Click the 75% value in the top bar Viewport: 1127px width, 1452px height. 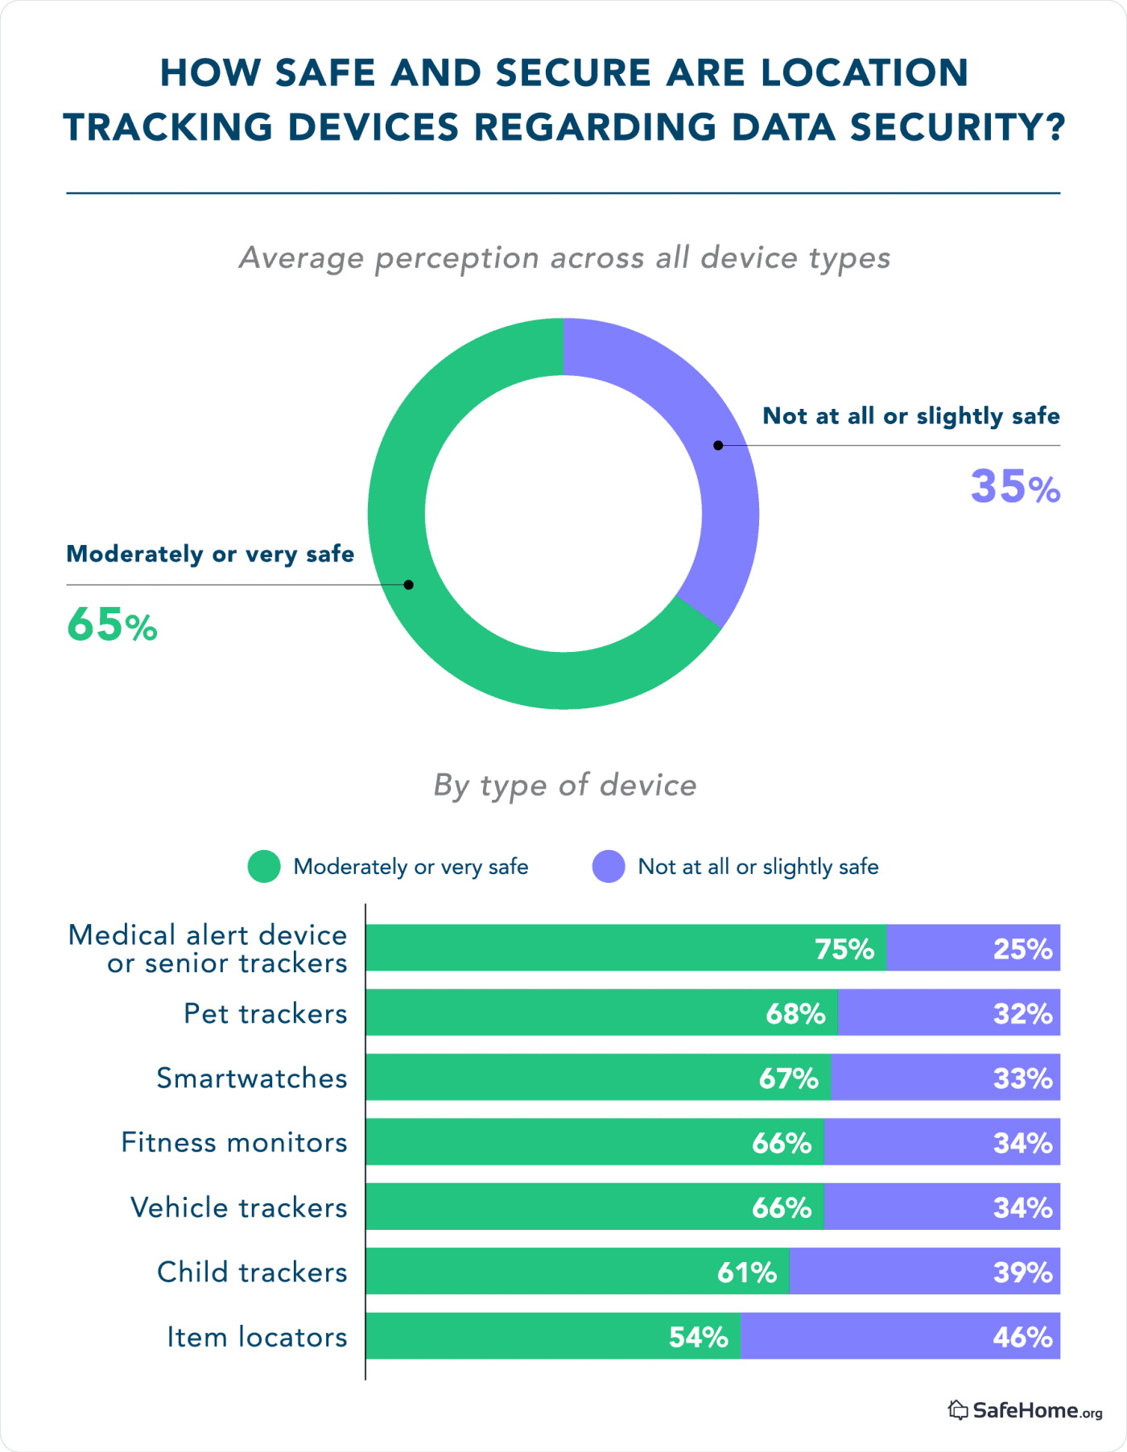(x=844, y=949)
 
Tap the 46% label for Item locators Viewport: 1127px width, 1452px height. (x=1022, y=1337)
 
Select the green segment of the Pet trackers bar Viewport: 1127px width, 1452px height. (x=563, y=1013)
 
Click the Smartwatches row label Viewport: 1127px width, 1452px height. (x=252, y=1078)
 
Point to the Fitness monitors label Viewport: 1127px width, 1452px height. (x=234, y=1142)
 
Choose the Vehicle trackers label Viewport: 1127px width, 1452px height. (x=239, y=1207)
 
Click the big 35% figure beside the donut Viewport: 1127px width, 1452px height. (x=1014, y=487)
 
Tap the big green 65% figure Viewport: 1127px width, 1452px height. (x=112, y=625)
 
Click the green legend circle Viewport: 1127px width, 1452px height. (x=264, y=867)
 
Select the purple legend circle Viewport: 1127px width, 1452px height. (x=609, y=867)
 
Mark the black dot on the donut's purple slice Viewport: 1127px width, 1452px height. (x=718, y=445)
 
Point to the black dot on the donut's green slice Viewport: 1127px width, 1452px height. (x=409, y=584)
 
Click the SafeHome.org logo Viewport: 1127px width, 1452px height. (x=1025, y=1410)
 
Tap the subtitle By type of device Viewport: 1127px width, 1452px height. (x=564, y=785)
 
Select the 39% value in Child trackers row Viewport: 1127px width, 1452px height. (x=1022, y=1273)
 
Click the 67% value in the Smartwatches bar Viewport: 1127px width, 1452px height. (x=788, y=1079)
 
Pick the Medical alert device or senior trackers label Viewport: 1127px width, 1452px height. (x=208, y=949)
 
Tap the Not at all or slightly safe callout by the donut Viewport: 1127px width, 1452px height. (x=910, y=416)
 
